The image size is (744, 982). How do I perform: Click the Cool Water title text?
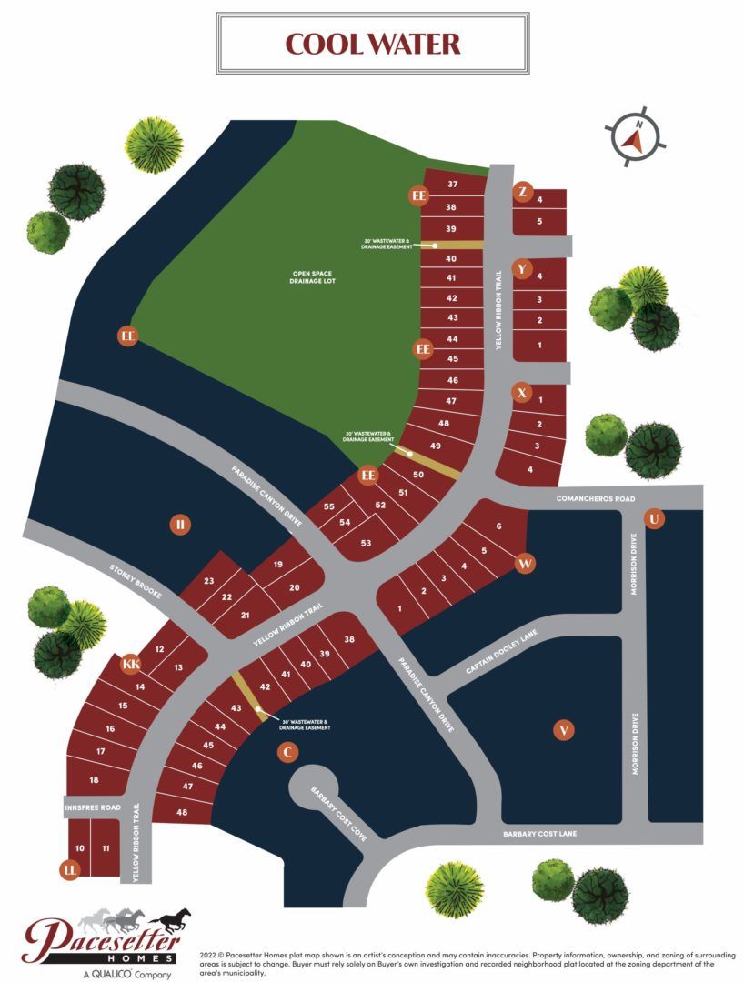pyautogui.click(x=372, y=44)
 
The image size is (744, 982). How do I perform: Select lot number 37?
pyautogui.click(x=451, y=185)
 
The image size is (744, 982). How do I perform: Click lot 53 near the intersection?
pyautogui.click(x=367, y=543)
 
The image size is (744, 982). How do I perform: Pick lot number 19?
pyautogui.click(x=278, y=565)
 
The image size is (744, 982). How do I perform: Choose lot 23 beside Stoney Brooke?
pyautogui.click(x=208, y=580)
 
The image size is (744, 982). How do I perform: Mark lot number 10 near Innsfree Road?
pyautogui.click(x=80, y=848)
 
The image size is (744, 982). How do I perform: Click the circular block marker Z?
pyautogui.click(x=522, y=192)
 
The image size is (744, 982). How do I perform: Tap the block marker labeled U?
pyautogui.click(x=653, y=518)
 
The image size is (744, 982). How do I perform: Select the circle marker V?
pyautogui.click(x=564, y=729)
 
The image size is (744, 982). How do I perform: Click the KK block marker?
pyautogui.click(x=131, y=665)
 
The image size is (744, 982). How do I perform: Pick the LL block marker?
pyautogui.click(x=69, y=870)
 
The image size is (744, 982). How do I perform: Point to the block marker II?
pyautogui.click(x=181, y=524)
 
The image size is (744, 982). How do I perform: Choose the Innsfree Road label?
pyautogui.click(x=92, y=807)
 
